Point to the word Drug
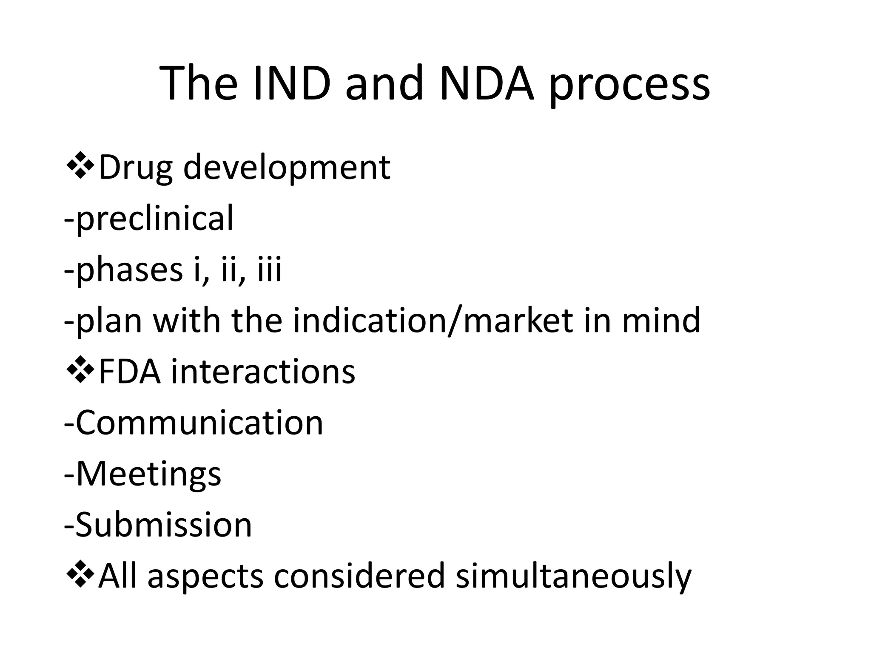(136, 168)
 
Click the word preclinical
(155, 219)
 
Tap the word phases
(129, 270)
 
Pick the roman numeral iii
(270, 270)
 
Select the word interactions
(263, 372)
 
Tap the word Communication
(199, 423)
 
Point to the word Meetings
(148, 474)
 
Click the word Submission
(163, 525)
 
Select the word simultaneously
(574, 576)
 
